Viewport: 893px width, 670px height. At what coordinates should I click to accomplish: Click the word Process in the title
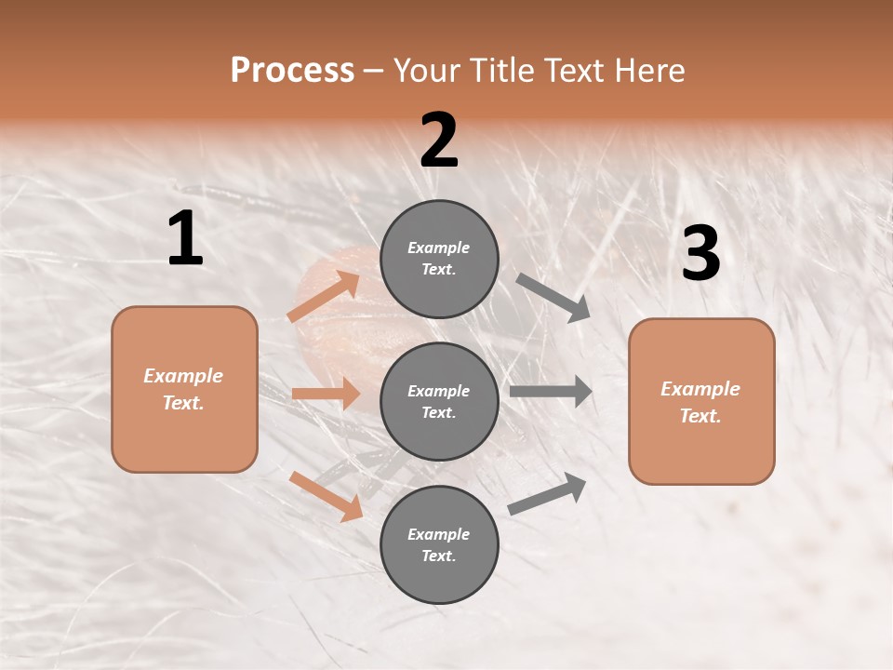tap(292, 71)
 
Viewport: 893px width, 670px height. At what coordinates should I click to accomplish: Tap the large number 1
tap(185, 239)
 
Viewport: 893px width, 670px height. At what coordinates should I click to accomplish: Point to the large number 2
tap(439, 141)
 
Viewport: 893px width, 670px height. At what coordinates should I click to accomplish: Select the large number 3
tap(700, 254)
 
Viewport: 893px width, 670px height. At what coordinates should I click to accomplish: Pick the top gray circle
tap(439, 258)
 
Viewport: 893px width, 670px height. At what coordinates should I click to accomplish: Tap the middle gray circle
tap(439, 401)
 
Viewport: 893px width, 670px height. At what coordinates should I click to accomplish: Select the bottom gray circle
tap(439, 544)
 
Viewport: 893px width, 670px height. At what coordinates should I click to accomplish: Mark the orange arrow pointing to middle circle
tap(326, 394)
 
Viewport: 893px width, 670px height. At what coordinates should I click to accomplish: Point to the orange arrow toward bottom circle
tap(326, 496)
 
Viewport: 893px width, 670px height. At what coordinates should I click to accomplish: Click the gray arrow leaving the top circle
tap(553, 297)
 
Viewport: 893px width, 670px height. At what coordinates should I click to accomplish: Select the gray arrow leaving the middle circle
tap(550, 392)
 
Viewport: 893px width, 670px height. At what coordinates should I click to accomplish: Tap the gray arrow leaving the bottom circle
tap(548, 494)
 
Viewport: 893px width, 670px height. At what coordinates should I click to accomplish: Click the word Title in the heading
tap(503, 71)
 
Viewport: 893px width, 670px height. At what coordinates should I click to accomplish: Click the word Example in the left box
tap(183, 376)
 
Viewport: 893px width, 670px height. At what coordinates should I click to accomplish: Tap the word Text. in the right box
tap(700, 416)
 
